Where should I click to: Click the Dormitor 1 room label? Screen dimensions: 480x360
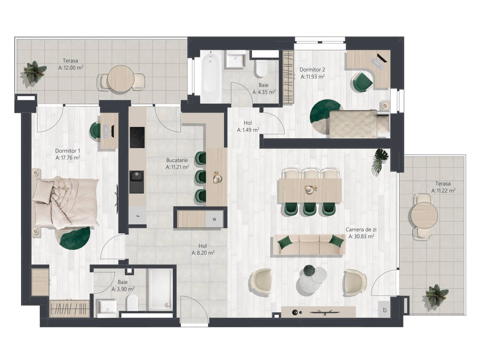(x=68, y=151)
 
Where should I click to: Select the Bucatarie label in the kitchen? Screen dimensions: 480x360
(x=177, y=160)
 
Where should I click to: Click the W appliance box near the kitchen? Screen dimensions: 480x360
(x=214, y=219)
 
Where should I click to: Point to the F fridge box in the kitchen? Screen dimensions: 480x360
(x=137, y=216)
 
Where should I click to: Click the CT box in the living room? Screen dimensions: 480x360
(x=384, y=310)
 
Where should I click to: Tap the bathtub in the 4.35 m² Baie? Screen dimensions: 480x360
(x=210, y=77)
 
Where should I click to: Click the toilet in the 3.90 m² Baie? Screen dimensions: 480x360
(x=133, y=302)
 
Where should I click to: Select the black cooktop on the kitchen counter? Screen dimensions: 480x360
(x=137, y=138)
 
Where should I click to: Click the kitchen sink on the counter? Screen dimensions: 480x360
(x=137, y=182)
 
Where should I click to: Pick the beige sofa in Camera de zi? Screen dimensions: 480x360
(x=309, y=244)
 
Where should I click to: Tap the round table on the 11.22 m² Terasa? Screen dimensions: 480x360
(x=424, y=216)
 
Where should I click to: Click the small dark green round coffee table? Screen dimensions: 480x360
(x=309, y=270)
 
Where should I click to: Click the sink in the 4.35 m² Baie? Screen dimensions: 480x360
(x=235, y=59)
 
